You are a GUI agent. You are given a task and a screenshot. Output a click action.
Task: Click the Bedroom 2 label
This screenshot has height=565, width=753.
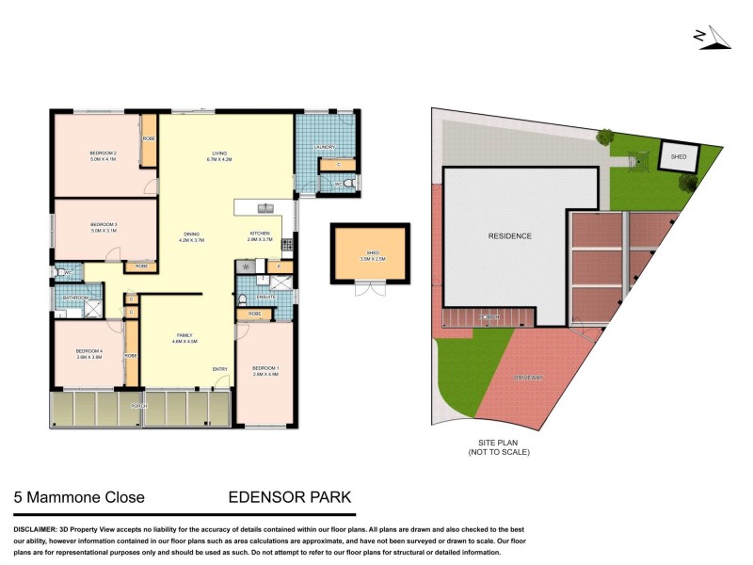[102, 153]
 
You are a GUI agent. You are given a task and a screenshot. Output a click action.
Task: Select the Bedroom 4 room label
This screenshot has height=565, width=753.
[88, 351]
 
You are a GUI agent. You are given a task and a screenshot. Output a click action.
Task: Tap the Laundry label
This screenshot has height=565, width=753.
[326, 148]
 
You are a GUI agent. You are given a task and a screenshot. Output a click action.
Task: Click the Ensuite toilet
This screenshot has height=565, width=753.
[243, 300]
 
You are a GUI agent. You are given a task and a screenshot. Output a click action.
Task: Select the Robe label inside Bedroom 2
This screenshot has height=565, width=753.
[149, 139]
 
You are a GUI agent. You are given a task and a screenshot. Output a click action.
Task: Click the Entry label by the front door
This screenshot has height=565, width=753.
[219, 368]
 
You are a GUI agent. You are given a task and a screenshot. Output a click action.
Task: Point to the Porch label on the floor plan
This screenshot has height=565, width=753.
[138, 406]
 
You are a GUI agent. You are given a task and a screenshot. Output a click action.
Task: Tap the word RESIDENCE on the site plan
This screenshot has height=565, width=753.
[509, 236]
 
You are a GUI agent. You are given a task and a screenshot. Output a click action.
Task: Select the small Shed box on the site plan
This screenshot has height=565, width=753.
[676, 156]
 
